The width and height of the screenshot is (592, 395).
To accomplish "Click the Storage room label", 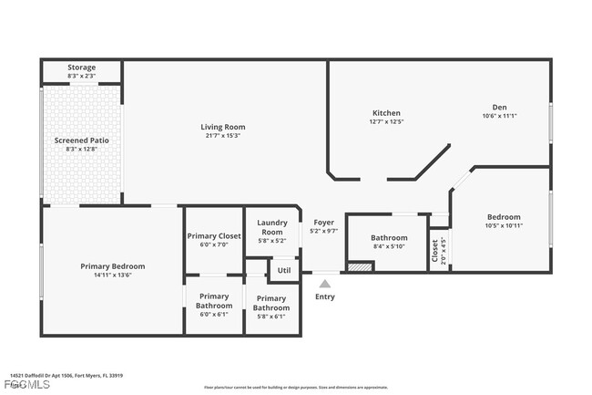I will coord(82,67).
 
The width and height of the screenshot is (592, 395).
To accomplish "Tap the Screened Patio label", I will coord(82,140).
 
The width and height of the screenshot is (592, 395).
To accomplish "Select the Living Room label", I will coord(223,127).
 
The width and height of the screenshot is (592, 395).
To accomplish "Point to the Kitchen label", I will coord(386,113).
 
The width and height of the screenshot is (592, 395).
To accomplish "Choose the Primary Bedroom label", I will coord(113,266).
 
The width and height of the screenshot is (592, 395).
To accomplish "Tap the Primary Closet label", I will coord(214,236).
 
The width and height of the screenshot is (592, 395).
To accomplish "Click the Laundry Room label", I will coord(272,227).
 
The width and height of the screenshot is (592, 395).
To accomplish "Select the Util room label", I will coord(284,270).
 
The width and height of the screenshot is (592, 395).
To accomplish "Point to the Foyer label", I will coord(324,223).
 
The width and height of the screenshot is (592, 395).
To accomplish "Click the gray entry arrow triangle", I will coord(325,284).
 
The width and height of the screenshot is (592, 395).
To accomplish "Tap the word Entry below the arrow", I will coord(325,296).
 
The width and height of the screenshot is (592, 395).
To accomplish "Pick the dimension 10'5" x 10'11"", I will coord(503,225).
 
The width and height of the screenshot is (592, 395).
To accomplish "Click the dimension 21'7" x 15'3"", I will coord(223,136).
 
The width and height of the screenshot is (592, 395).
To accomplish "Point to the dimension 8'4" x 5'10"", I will coord(389,246).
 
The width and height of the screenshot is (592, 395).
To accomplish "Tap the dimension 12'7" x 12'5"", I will coord(386,121).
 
